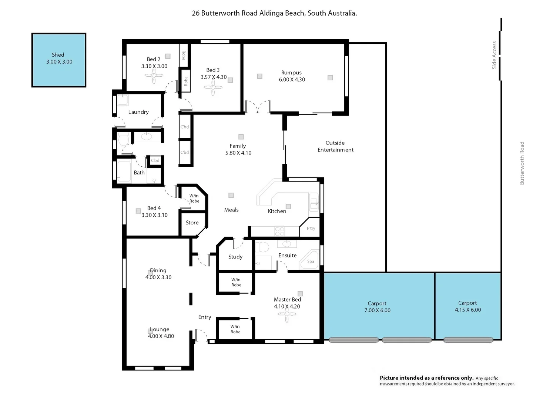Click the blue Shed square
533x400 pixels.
59,60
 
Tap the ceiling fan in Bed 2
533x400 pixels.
154,76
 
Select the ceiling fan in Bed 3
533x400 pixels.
213,87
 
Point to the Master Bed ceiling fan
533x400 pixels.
287,314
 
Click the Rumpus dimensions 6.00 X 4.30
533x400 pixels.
292,79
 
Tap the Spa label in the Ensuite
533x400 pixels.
311,261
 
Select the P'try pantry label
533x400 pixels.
311,228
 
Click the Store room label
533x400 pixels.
192,223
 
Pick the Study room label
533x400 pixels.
235,257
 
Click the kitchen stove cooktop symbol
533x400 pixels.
279,231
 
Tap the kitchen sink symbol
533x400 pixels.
314,202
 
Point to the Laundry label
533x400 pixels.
138,112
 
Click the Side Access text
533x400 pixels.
494,55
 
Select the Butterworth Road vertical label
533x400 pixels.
522,163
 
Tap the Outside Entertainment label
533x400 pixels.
335,146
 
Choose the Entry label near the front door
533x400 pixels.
205,317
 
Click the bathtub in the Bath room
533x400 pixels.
124,171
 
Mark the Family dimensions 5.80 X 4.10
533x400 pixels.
238,153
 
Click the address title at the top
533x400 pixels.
274,13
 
